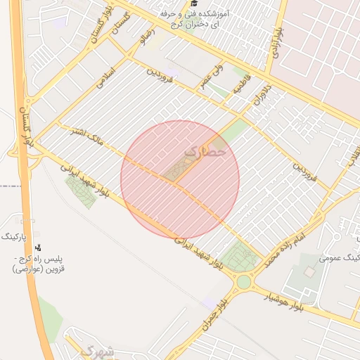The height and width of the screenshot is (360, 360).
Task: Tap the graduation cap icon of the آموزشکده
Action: (x=193, y=4)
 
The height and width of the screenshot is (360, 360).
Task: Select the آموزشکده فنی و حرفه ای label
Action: (x=191, y=19)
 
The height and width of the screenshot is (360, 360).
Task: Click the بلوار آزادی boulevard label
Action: (x=279, y=43)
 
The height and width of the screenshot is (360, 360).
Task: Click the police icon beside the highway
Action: (x=37, y=247)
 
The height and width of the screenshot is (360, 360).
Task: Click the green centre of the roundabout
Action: (x=244, y=282)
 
